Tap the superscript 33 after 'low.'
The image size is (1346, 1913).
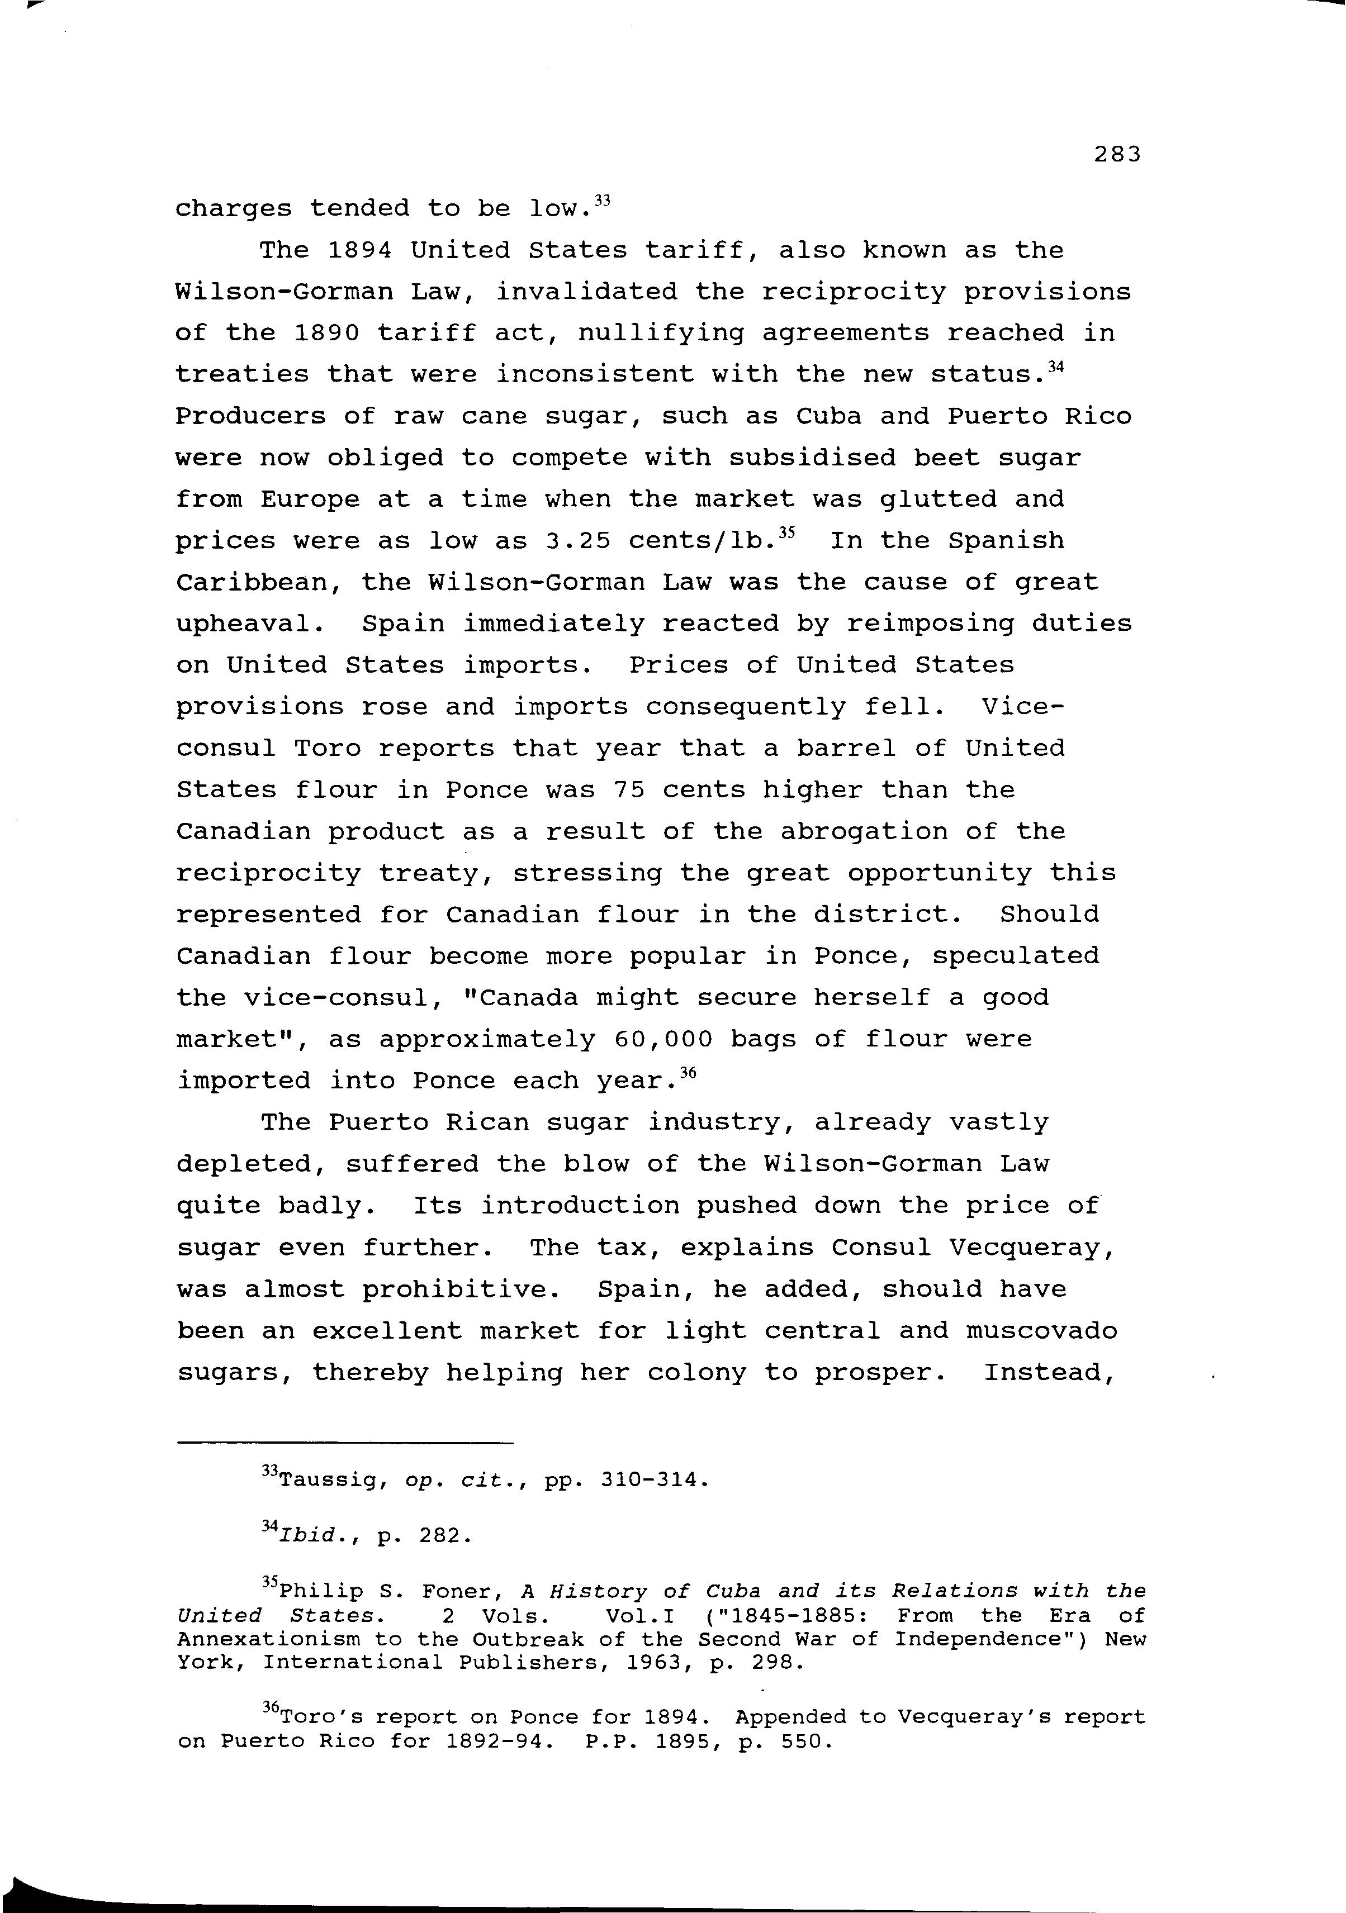point(604,201)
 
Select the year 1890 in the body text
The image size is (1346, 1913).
point(326,334)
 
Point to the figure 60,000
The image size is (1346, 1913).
point(662,1040)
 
